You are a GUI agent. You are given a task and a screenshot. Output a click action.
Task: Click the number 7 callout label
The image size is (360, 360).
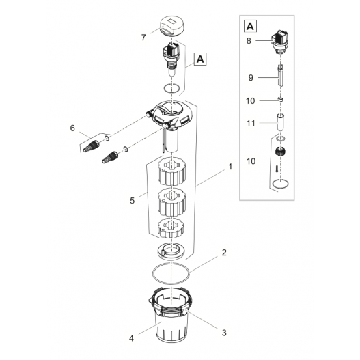tap(142, 37)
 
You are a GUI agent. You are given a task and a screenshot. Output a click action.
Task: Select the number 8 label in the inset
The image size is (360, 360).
tap(249, 41)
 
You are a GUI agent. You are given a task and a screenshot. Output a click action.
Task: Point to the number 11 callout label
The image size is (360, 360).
tap(251, 123)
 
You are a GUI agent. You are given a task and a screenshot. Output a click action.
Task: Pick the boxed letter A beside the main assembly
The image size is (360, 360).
tap(200, 59)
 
